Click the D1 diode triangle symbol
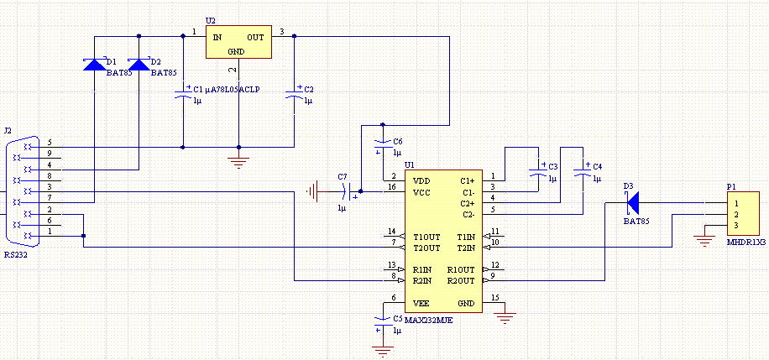[94, 65]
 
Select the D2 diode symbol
[139, 65]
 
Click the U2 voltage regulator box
[238, 42]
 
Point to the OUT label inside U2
[255, 37]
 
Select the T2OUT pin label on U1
[426, 248]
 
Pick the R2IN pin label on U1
[422, 281]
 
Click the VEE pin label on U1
[421, 303]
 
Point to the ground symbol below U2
[238, 162]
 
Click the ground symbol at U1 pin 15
[505, 318]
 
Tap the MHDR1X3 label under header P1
[747, 242]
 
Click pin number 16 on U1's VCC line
[391, 186]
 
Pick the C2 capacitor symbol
[295, 95]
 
